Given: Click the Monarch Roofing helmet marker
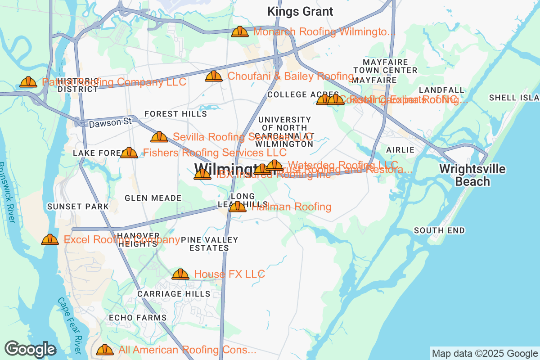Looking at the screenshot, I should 240,31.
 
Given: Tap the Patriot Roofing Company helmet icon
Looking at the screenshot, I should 28,82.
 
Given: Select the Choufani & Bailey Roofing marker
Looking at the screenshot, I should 214,76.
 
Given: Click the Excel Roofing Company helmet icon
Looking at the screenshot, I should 50,239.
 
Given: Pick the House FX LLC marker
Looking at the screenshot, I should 180,274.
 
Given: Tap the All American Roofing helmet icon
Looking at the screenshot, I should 105,349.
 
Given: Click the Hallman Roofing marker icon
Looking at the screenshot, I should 238,207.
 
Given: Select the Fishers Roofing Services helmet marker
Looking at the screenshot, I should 129,153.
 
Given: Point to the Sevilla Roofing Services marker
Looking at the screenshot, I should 159,137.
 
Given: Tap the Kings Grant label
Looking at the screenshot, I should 300,12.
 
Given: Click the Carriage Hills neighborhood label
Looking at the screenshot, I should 174,294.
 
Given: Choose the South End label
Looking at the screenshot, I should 439,230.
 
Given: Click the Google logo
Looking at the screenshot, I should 31,349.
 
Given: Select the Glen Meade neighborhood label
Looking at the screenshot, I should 153,198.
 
